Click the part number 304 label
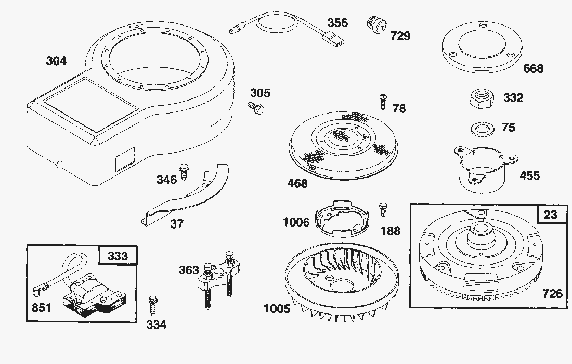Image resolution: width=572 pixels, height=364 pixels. pyautogui.click(x=56, y=60)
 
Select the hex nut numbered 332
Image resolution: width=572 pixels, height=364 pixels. pyautogui.click(x=482, y=98)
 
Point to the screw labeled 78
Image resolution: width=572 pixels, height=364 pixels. pyautogui.click(x=383, y=102)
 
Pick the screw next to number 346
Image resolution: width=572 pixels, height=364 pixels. pyautogui.click(x=183, y=172)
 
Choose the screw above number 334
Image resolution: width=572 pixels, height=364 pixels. pyautogui.click(x=153, y=306)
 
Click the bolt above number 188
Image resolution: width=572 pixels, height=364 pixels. pyautogui.click(x=383, y=209)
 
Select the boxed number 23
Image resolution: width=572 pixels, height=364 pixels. pyautogui.click(x=550, y=214)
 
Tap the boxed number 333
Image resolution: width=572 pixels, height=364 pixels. pyautogui.click(x=118, y=256)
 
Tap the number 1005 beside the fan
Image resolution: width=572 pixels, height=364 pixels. pyautogui.click(x=277, y=309)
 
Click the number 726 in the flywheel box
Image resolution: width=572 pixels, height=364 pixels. pyautogui.click(x=552, y=294)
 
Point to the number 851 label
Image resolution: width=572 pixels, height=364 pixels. pyautogui.click(x=41, y=308)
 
